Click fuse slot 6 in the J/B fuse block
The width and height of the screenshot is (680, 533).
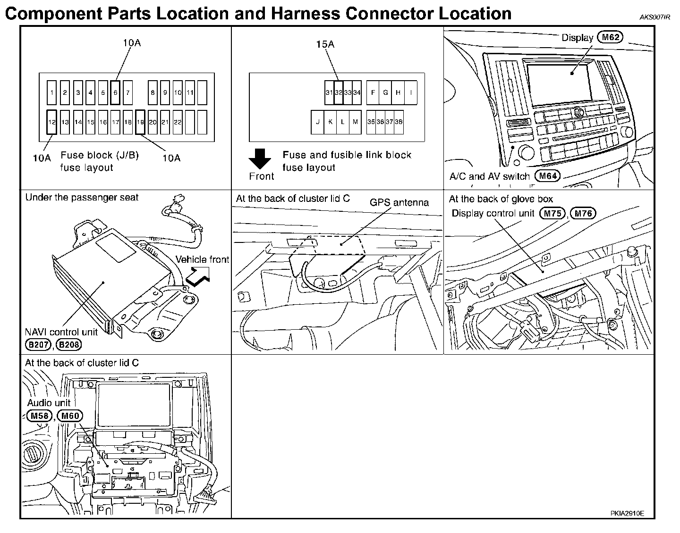point(115,92)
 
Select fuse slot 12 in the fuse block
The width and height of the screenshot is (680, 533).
point(52,122)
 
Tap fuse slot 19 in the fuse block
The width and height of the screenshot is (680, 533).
point(140,122)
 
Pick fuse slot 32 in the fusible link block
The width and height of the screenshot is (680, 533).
point(338,92)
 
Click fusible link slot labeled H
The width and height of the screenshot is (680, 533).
point(398,92)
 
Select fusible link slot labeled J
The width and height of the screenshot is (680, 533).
point(318,122)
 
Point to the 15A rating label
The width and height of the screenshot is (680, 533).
point(325,44)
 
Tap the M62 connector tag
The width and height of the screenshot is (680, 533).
point(610,37)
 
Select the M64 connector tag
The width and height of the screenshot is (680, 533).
point(547,176)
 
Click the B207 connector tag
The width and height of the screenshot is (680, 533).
point(38,345)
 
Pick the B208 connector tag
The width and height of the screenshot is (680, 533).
point(69,345)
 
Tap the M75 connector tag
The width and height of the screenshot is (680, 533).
point(552,214)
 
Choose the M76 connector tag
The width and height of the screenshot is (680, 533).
point(584,214)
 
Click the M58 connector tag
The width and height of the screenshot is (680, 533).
point(38,416)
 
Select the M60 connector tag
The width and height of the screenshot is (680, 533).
point(70,416)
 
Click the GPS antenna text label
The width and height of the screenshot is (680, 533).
point(399,202)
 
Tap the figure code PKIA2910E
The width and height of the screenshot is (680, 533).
point(627,514)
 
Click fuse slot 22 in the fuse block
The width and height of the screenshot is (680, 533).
point(178,122)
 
